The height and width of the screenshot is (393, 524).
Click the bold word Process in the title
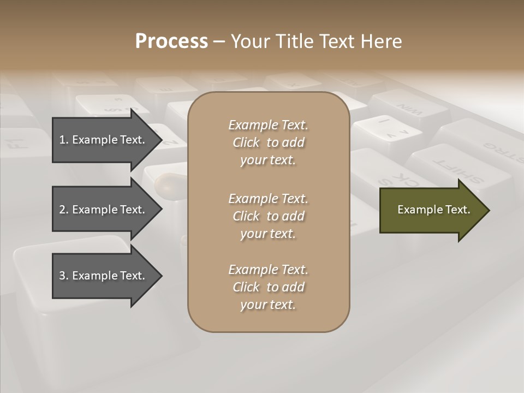(171, 41)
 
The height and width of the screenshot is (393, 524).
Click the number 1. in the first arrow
(64, 140)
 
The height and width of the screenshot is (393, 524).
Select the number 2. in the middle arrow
(64, 210)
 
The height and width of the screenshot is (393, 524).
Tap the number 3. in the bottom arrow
(64, 276)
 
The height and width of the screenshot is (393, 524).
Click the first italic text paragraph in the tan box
(268, 142)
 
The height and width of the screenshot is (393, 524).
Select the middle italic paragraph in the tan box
(268, 216)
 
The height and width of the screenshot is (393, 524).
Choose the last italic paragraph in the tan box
(268, 287)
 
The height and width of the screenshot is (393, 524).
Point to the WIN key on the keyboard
(409, 109)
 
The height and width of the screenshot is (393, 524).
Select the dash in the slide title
(219, 41)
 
